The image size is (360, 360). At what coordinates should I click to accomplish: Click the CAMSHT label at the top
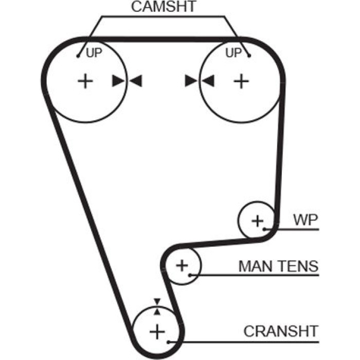point(163,6)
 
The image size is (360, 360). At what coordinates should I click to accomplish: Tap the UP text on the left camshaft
point(94,53)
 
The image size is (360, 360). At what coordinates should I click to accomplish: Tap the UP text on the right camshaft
point(233,53)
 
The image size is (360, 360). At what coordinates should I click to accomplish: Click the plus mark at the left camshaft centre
point(85,81)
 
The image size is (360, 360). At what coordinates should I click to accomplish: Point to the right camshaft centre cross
point(241,81)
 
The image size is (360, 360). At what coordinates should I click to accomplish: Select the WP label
point(305,220)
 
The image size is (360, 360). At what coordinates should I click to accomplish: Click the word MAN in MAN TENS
point(255,266)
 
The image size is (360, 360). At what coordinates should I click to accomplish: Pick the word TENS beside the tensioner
point(298,266)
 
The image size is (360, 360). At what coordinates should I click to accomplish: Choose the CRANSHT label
point(281,331)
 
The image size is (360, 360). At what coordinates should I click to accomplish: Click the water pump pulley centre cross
point(258,221)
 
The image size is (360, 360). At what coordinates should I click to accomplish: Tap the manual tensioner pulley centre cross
point(182,266)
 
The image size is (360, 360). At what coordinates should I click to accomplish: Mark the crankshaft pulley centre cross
point(157,332)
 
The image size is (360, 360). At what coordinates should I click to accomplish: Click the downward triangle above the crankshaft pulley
point(157,301)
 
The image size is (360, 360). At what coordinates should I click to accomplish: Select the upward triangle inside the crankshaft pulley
point(157,312)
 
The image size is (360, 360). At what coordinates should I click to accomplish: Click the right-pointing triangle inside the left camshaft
point(118,81)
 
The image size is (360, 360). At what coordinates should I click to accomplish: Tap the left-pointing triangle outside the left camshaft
point(136,81)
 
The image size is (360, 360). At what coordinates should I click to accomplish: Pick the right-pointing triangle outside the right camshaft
point(191,81)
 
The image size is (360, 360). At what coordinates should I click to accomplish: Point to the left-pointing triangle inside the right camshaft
point(208,81)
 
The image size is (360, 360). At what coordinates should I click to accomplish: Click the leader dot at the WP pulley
point(264,229)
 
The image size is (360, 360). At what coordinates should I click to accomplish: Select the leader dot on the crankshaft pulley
point(168,342)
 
